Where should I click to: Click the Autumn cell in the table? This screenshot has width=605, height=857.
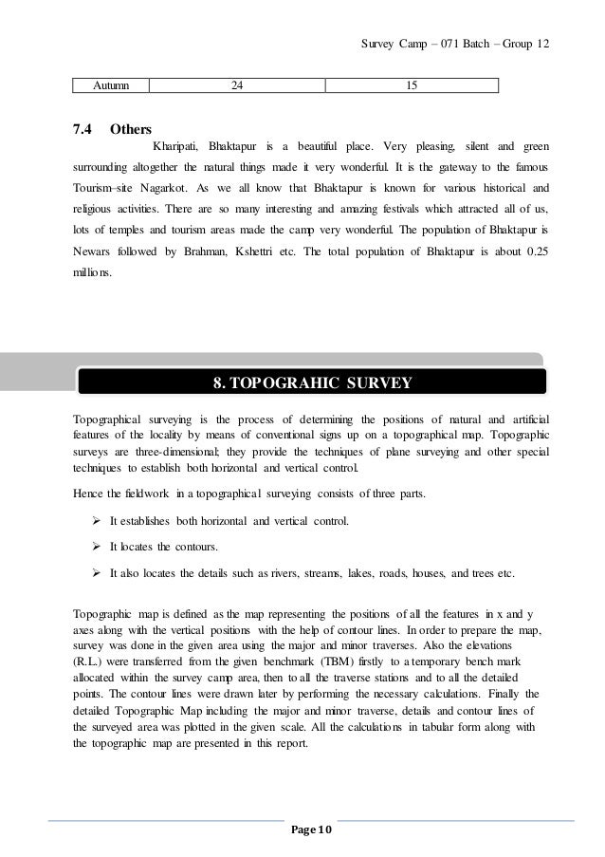pyautogui.click(x=111, y=86)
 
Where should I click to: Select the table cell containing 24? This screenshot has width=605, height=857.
pyautogui.click(x=237, y=86)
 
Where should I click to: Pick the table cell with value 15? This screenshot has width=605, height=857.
pyautogui.click(x=411, y=86)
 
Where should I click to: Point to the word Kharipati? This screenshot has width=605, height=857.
pyautogui.click(x=174, y=148)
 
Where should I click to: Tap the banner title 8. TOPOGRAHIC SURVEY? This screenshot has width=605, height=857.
pyautogui.click(x=311, y=383)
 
